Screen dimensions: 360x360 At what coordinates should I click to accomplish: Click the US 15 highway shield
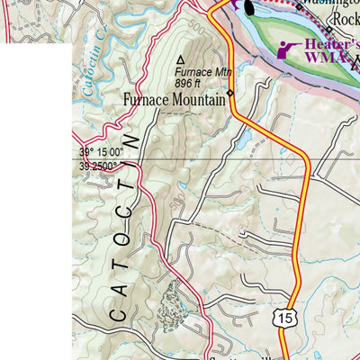tap(285, 318)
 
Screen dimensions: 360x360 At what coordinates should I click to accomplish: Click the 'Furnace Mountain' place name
tap(175, 100)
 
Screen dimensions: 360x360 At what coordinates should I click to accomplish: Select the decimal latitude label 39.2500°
tap(98, 165)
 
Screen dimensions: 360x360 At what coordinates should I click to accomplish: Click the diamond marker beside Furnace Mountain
tap(230, 93)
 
